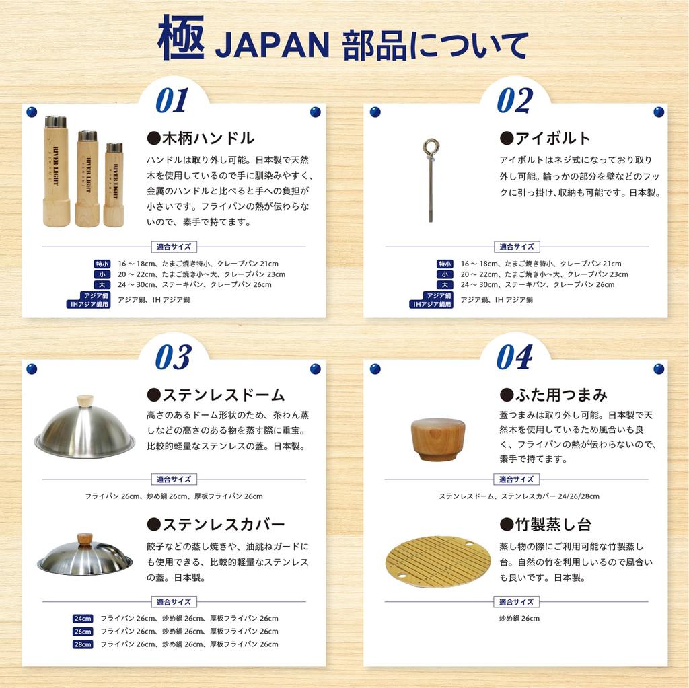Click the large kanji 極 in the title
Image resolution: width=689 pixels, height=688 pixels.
point(180,38)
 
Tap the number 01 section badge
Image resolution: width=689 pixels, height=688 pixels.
point(172,100)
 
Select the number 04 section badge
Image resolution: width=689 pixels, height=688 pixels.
point(515,357)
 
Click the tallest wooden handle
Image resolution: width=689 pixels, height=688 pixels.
point(56,171)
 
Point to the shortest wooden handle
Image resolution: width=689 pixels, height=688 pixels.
point(114,184)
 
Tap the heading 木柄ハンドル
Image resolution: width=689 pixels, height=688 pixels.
point(201,139)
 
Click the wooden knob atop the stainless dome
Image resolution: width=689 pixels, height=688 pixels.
point(85,401)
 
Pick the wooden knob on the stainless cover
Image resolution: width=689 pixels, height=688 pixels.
point(85,539)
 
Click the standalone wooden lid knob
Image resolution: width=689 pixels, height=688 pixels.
point(437,438)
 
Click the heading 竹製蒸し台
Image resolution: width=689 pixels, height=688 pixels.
point(545,525)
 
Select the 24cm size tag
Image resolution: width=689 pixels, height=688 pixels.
point(83,619)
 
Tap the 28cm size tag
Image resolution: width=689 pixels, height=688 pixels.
point(83,644)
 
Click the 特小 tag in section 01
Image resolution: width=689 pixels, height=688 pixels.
point(102,264)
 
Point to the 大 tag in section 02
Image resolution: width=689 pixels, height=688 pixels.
point(445,285)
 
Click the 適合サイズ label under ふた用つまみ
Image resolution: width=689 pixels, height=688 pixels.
point(516,480)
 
